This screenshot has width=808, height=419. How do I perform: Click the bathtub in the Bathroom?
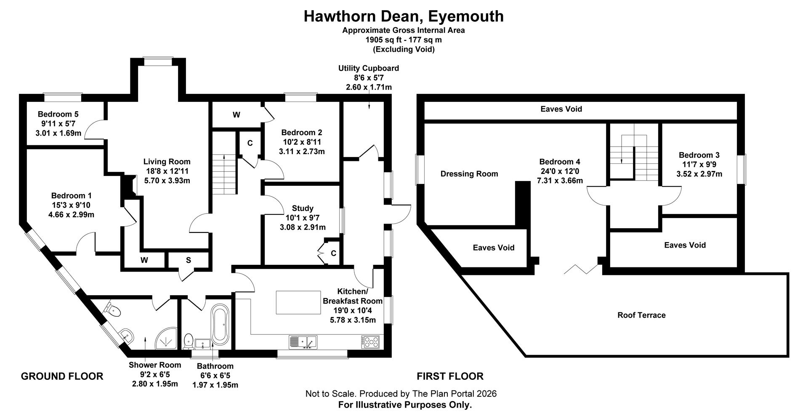(x=220, y=325)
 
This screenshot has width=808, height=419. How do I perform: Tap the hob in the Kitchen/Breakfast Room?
(x=370, y=342)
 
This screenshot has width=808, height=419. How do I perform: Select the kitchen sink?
(x=303, y=342)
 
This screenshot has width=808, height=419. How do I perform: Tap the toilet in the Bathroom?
(x=189, y=341)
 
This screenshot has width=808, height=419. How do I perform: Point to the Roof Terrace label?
(x=641, y=315)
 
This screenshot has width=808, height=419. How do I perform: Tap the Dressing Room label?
(x=469, y=174)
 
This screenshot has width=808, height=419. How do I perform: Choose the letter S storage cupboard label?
(x=189, y=260)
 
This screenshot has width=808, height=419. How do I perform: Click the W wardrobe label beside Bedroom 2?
(x=237, y=115)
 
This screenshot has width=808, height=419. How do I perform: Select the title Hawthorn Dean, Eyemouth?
(x=404, y=16)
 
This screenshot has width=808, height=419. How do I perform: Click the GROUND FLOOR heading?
(x=62, y=376)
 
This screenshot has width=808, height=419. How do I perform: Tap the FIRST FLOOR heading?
(x=450, y=376)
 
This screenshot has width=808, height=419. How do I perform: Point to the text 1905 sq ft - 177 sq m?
(x=404, y=40)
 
